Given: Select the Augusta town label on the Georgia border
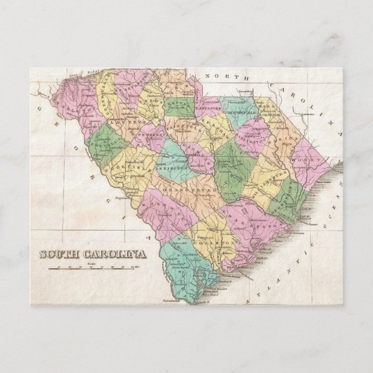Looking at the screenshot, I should point(106,182).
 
